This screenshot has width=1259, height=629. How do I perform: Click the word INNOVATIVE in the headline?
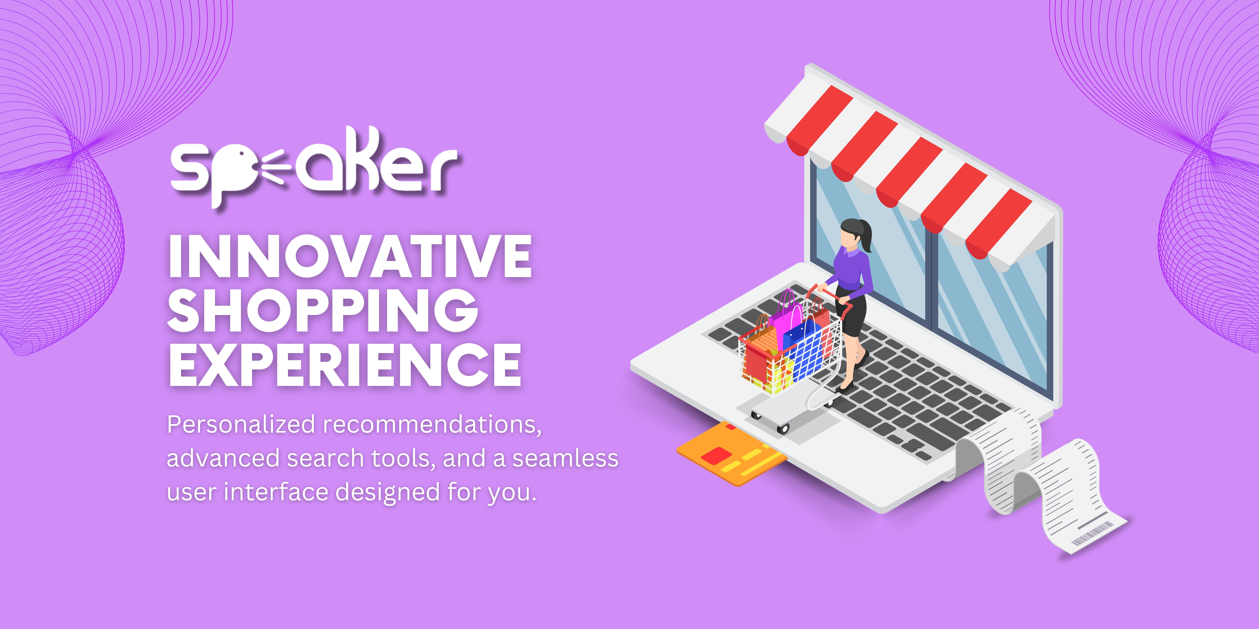tap(350, 256)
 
